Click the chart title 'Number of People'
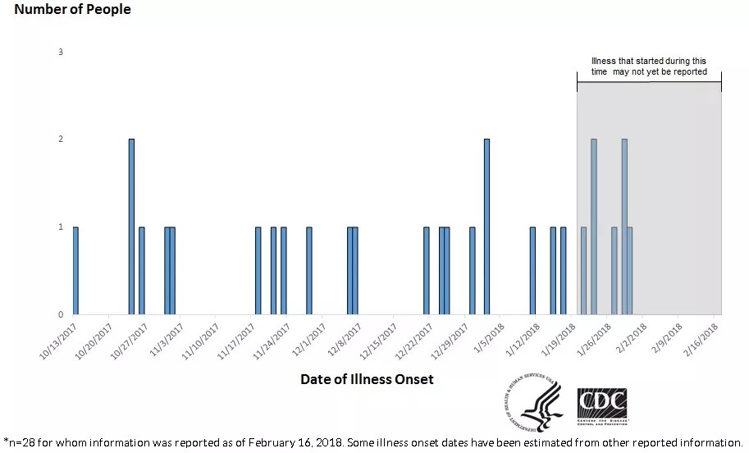[x=72, y=10]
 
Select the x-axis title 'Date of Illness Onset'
[x=367, y=379]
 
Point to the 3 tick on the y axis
[x=61, y=53]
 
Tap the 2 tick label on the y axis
[x=61, y=140]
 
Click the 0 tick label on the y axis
[x=61, y=314]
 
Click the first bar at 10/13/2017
[x=75, y=270]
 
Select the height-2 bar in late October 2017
[x=131, y=226]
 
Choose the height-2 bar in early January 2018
[x=486, y=226]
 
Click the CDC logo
[x=601, y=405]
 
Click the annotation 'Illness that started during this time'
[x=648, y=66]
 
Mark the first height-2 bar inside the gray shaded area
[x=594, y=226]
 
